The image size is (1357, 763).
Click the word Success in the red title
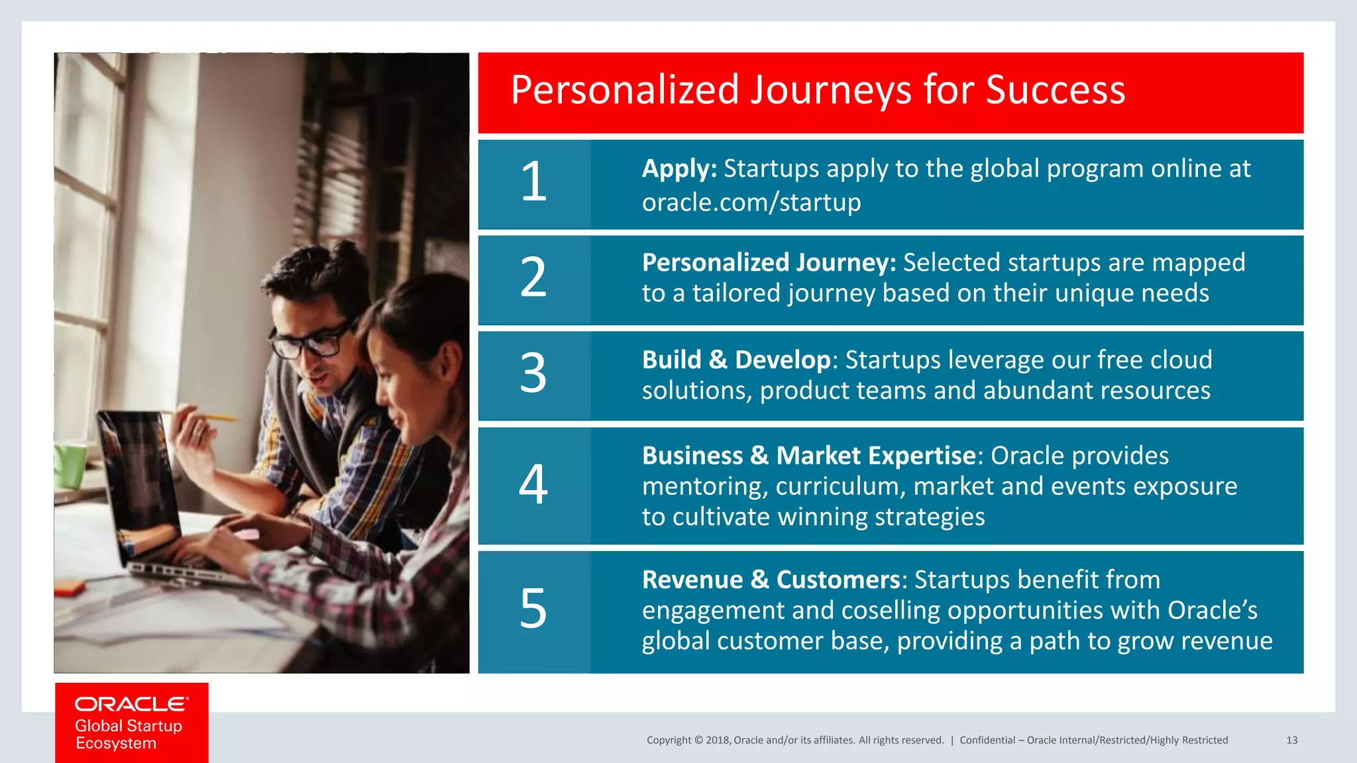pos(1055,90)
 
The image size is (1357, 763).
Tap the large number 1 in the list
pos(533,182)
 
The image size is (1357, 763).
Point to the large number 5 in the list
pos(533,609)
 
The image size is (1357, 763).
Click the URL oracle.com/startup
pos(751,202)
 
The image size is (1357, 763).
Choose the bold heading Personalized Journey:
pos(769,263)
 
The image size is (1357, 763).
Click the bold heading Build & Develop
pos(736,360)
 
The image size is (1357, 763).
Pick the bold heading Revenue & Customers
pos(771,580)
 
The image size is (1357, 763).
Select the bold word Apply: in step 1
pos(679,169)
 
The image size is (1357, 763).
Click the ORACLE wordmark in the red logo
pos(131,704)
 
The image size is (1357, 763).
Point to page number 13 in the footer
pos(1291,740)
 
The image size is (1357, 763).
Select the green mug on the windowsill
pos(70,466)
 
